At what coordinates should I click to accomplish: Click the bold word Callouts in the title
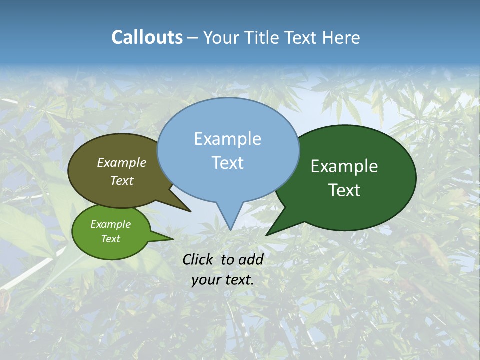(147, 37)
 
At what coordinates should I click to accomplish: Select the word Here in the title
(342, 37)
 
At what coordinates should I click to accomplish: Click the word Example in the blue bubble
(227, 139)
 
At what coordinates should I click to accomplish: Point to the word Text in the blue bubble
(227, 162)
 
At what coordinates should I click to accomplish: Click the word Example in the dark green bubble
(344, 166)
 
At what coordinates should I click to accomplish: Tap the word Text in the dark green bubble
(344, 190)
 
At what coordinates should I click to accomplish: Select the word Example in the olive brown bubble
(121, 162)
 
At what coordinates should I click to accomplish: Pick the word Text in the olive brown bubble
(121, 180)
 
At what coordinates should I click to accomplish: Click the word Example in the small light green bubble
(110, 224)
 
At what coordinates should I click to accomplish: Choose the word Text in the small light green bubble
(110, 239)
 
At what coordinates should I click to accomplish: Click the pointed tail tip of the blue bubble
(230, 229)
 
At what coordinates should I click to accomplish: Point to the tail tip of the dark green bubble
(266, 235)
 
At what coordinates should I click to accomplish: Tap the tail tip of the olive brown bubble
(190, 211)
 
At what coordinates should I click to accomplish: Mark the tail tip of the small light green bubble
(173, 239)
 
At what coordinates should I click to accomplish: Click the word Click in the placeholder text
(199, 259)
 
